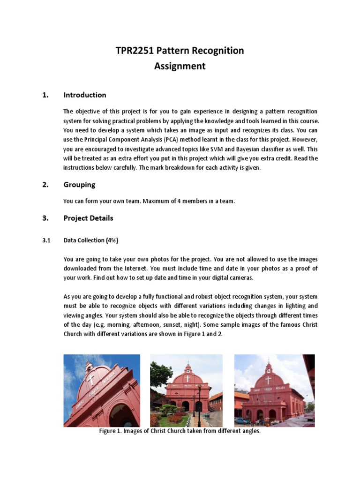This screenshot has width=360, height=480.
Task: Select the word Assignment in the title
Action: point(180,66)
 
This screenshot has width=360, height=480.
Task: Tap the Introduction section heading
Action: point(85,95)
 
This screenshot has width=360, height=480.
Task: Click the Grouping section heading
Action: point(79,185)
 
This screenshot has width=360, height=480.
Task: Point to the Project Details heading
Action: point(88,218)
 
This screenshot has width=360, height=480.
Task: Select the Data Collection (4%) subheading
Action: point(91,240)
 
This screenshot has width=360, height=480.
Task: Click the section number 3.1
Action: point(46,240)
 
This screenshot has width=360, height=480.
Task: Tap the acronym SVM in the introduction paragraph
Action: point(218,149)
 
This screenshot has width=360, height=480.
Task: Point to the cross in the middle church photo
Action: point(187,378)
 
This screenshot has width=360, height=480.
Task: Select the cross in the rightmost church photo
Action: point(268,380)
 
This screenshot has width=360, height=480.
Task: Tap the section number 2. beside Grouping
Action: point(45,185)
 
